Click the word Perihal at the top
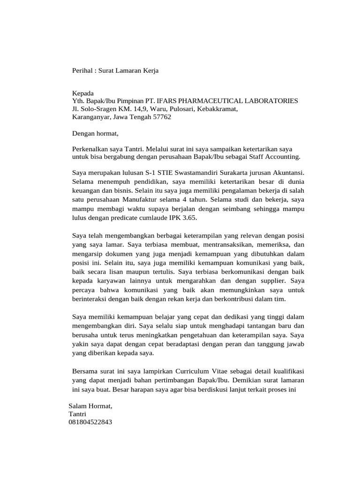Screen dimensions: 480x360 tap(82, 71)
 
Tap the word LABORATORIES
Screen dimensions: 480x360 tap(270, 101)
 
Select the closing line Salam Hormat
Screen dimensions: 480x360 tap(90, 405)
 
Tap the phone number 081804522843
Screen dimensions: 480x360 tap(90, 422)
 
